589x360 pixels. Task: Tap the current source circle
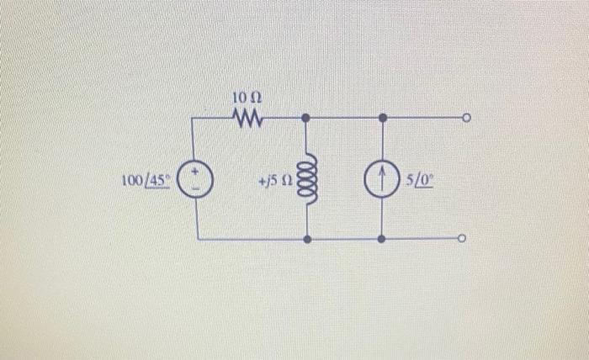coord(382,179)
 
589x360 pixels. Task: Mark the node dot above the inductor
coord(305,119)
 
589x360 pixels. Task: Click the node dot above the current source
coord(382,119)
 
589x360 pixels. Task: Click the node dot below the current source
coord(382,240)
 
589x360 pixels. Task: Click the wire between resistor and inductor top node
coord(284,119)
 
